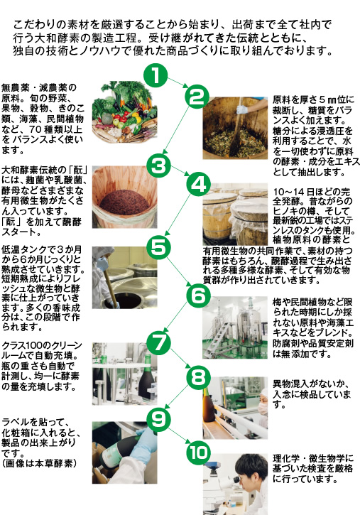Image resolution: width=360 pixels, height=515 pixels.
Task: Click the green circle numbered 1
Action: (x=156, y=75)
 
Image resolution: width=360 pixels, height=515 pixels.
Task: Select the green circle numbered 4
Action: (x=199, y=184)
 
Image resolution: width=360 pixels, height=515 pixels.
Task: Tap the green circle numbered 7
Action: (x=159, y=343)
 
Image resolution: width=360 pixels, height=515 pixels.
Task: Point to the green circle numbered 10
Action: (x=199, y=452)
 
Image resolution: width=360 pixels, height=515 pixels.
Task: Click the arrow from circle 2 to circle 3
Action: (x=176, y=130)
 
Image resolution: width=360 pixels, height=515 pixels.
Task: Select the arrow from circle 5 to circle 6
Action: (x=179, y=271)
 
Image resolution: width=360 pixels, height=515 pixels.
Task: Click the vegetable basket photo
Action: (x=125, y=112)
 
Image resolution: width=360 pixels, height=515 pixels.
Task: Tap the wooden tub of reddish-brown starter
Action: (x=125, y=197)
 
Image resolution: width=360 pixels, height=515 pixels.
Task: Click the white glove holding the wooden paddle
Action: (x=242, y=109)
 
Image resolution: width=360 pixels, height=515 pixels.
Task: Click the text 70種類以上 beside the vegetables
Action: (x=56, y=129)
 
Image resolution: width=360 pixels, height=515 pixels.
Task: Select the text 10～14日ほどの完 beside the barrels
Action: (x=312, y=192)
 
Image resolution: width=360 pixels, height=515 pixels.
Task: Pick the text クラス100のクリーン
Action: (x=42, y=345)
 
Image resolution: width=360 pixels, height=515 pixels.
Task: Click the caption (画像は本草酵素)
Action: (x=39, y=463)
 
